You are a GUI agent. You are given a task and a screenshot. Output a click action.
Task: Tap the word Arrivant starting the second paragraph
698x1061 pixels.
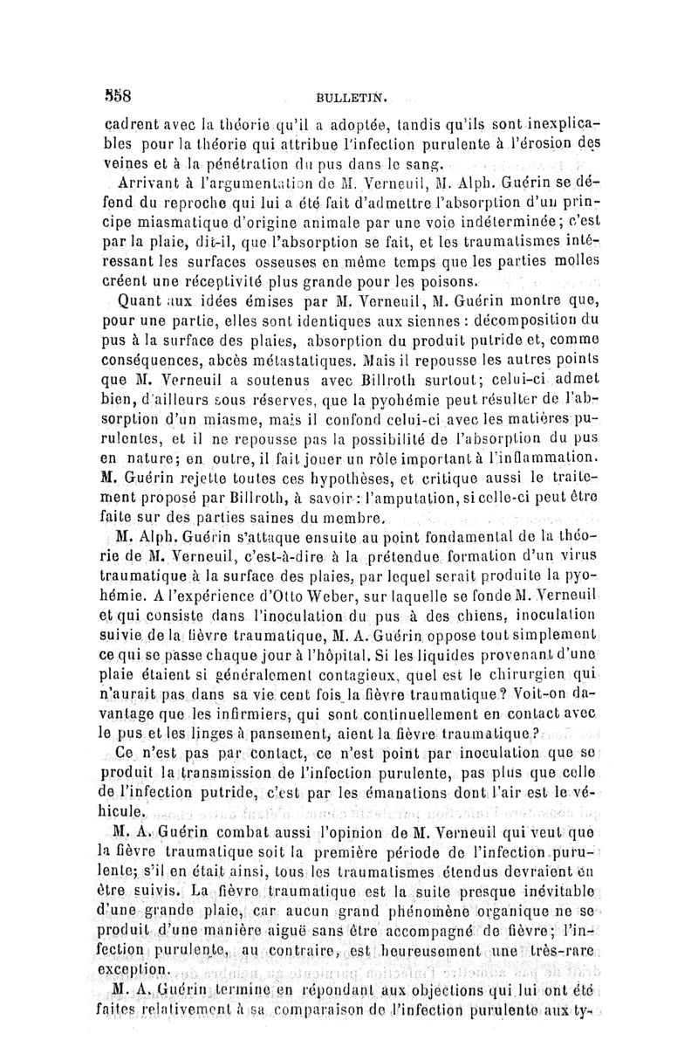[146, 183]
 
